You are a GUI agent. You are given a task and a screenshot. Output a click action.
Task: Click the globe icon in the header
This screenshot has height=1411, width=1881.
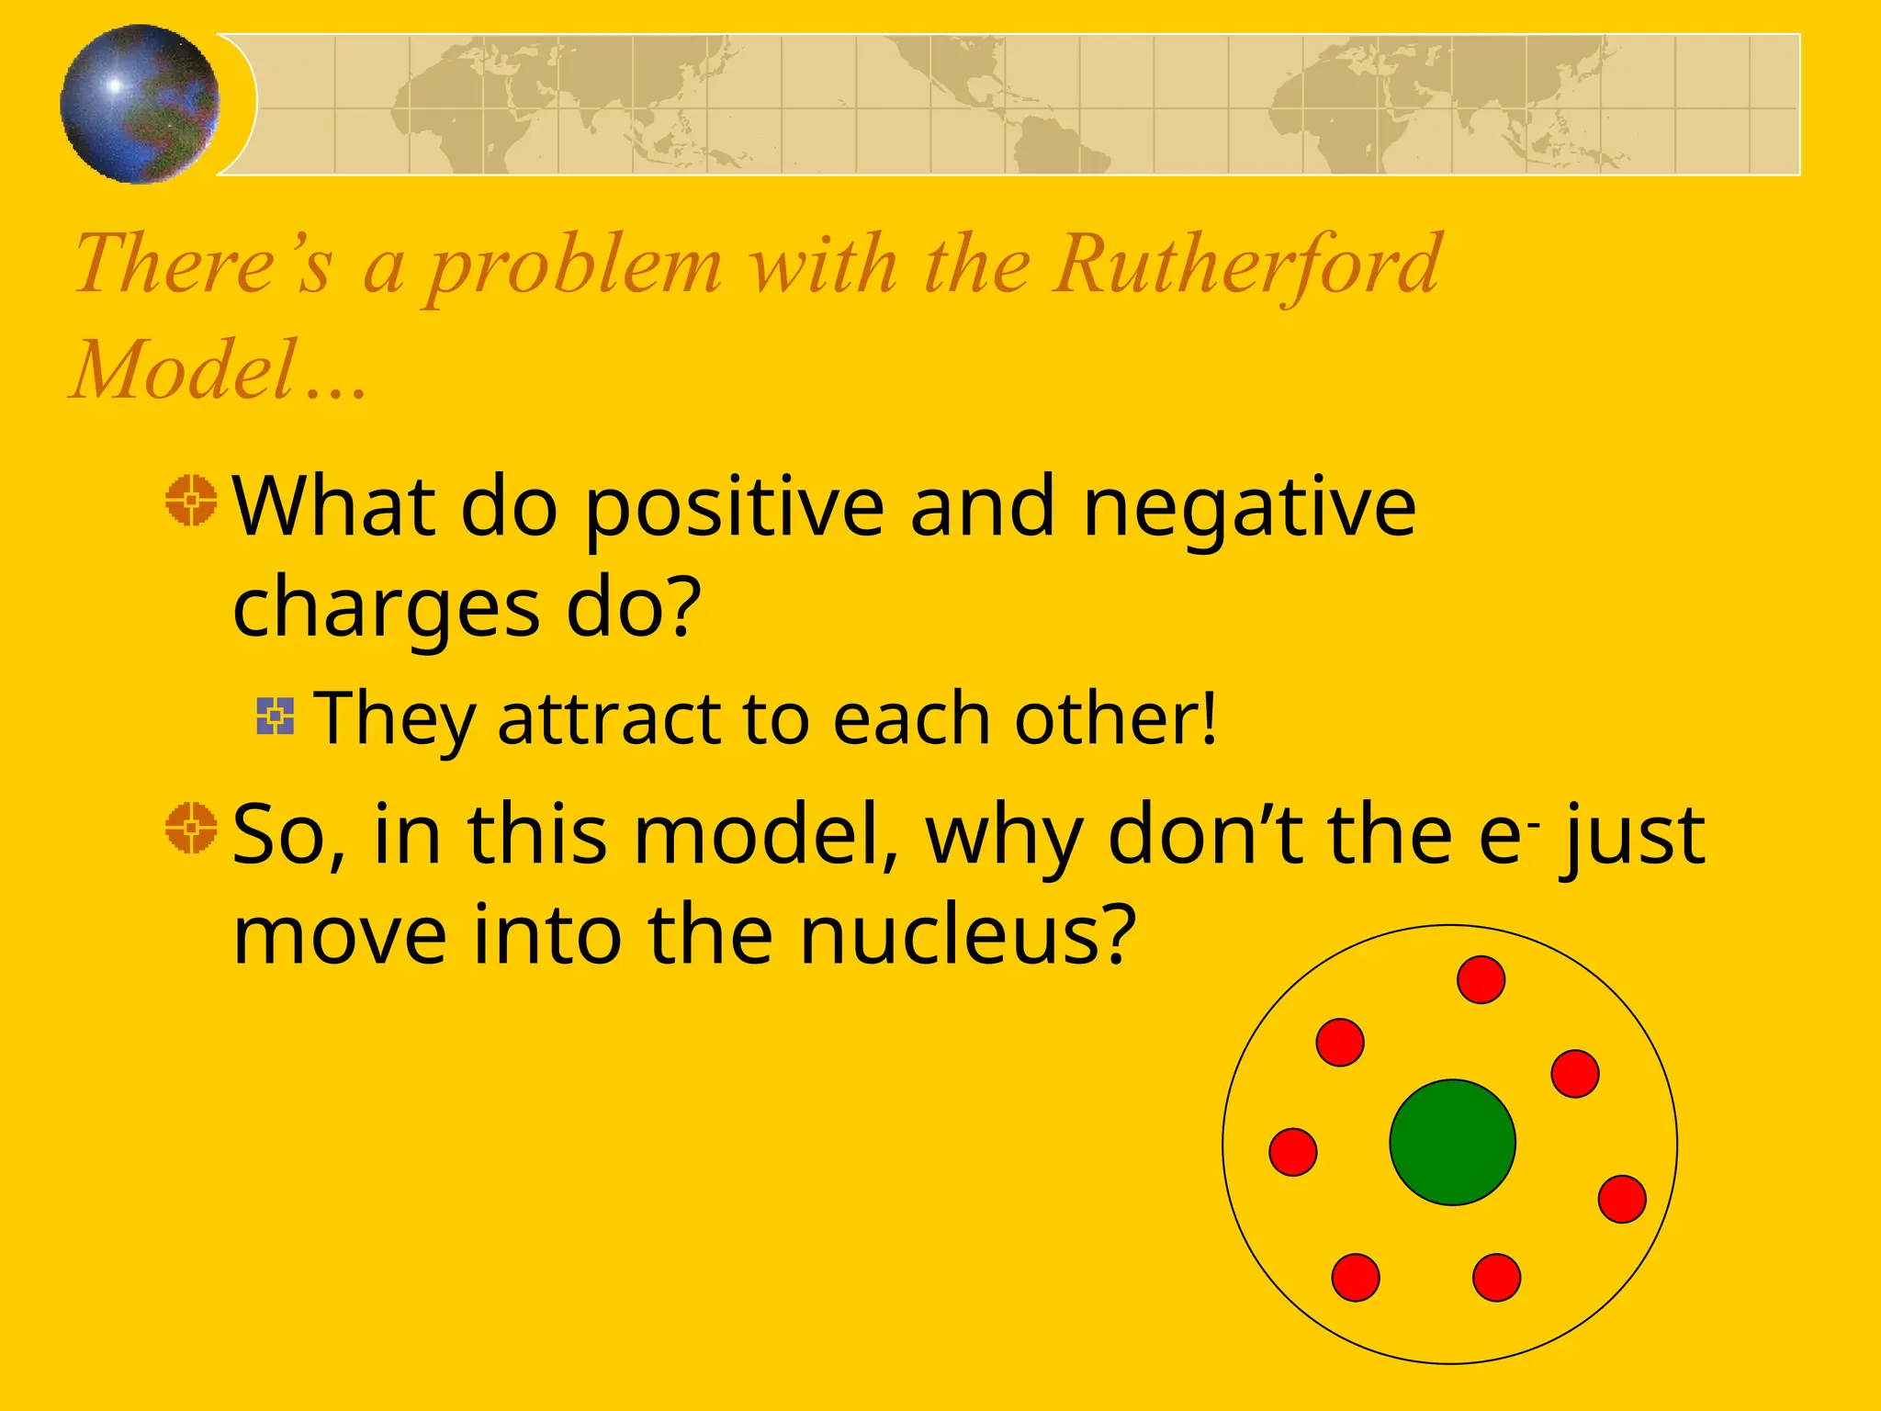[140, 104]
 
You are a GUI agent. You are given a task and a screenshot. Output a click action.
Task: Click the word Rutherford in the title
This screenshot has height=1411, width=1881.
[1246, 265]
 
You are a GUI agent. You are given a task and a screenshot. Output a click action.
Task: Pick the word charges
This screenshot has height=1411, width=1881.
[386, 610]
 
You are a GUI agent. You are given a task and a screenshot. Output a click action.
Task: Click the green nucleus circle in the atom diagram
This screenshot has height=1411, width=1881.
[1452, 1142]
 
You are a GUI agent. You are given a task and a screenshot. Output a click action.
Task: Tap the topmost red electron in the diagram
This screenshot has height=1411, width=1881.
[1481, 979]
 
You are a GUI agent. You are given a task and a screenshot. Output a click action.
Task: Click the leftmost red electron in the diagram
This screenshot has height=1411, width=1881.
[1293, 1152]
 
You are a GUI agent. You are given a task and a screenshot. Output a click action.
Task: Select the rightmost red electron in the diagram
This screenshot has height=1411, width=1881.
[1622, 1199]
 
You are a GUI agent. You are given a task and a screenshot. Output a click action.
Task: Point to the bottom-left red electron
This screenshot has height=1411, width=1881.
[1356, 1278]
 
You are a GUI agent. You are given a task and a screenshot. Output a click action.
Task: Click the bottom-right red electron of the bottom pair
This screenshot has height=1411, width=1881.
[1496, 1278]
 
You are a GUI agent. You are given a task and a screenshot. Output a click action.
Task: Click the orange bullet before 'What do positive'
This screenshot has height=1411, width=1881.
[191, 501]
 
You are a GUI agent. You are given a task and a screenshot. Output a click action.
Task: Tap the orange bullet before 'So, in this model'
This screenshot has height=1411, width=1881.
[191, 828]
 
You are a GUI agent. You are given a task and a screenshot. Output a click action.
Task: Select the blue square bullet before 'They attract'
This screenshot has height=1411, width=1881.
[276, 717]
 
